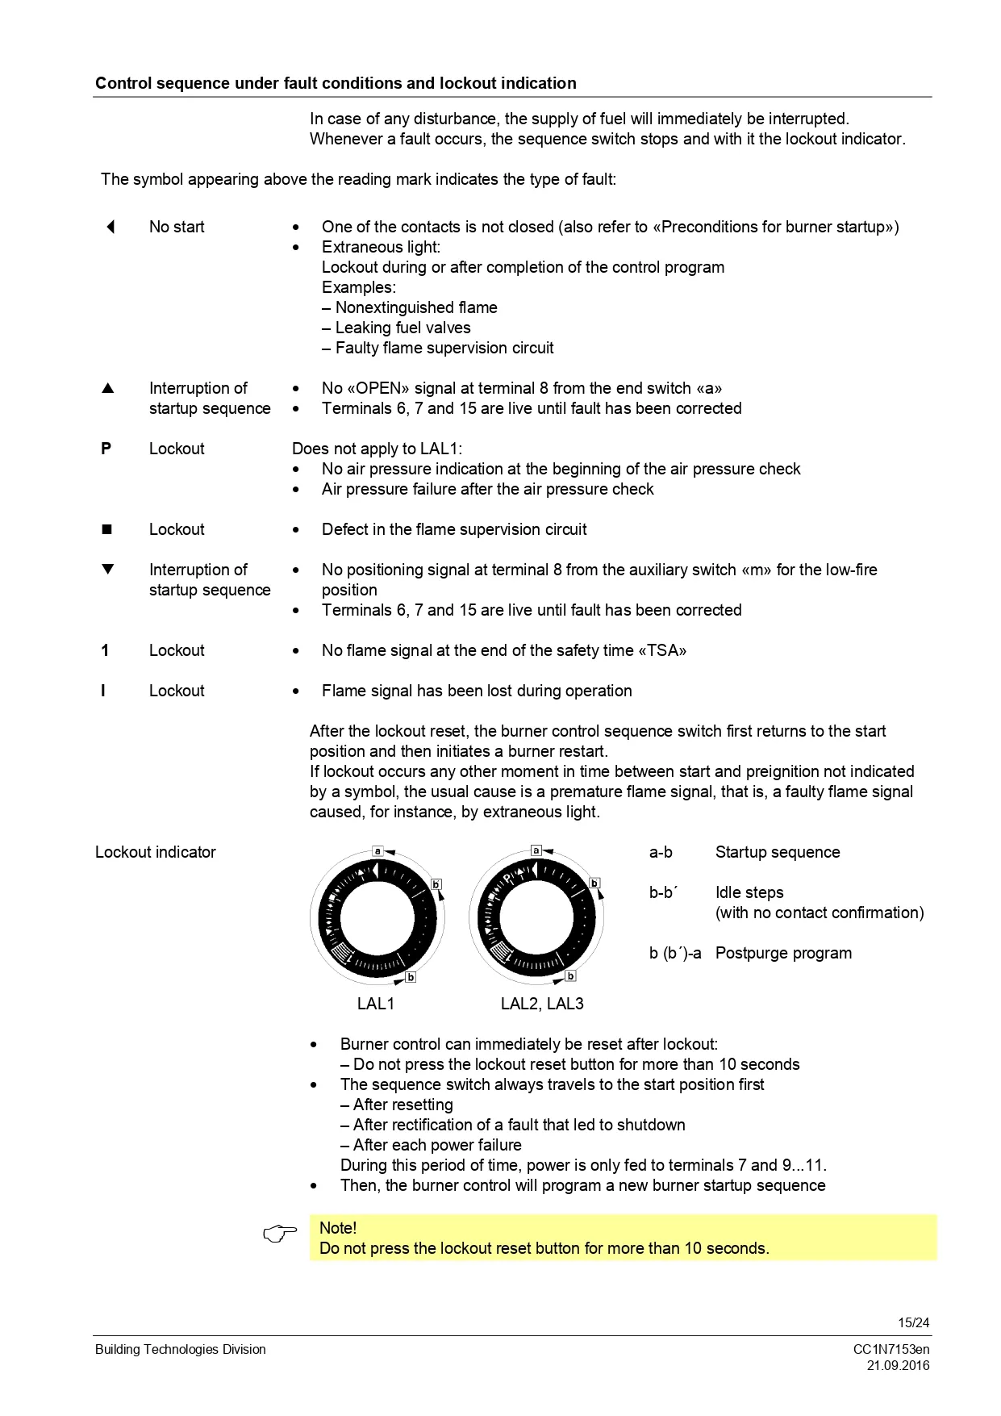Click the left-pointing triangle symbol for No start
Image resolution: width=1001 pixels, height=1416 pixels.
pyautogui.click(x=111, y=227)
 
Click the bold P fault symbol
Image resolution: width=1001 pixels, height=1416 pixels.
pyautogui.click(x=106, y=449)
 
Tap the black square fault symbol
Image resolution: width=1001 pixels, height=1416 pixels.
pyautogui.click(x=106, y=529)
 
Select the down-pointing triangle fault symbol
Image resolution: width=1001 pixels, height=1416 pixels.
pyautogui.click(x=108, y=569)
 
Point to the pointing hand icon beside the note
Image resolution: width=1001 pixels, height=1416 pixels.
pyautogui.click(x=280, y=1234)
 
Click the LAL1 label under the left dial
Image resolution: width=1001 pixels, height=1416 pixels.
pyautogui.click(x=376, y=1004)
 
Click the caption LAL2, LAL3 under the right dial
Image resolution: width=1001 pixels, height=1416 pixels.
pyautogui.click(x=542, y=1004)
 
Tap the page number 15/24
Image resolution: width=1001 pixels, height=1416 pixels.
pyautogui.click(x=913, y=1322)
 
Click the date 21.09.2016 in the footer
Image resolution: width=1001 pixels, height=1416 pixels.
pyautogui.click(x=898, y=1365)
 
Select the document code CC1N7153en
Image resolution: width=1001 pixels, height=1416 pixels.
pyautogui.click(x=891, y=1349)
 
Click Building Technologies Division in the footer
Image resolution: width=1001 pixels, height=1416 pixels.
pyautogui.click(x=180, y=1349)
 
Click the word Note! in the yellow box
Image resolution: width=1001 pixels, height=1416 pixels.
pyautogui.click(x=338, y=1228)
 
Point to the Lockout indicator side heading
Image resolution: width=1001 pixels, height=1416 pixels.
pyautogui.click(x=156, y=852)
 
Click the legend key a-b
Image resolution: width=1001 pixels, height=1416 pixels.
pyautogui.click(x=661, y=852)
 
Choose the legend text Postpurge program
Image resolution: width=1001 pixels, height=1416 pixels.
pyautogui.click(x=783, y=953)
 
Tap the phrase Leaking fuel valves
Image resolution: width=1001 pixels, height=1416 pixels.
pyautogui.click(x=402, y=328)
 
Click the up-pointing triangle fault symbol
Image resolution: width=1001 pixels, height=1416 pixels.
pyautogui.click(x=108, y=388)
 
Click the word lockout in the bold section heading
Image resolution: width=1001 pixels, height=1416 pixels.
pyautogui.click(x=467, y=83)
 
